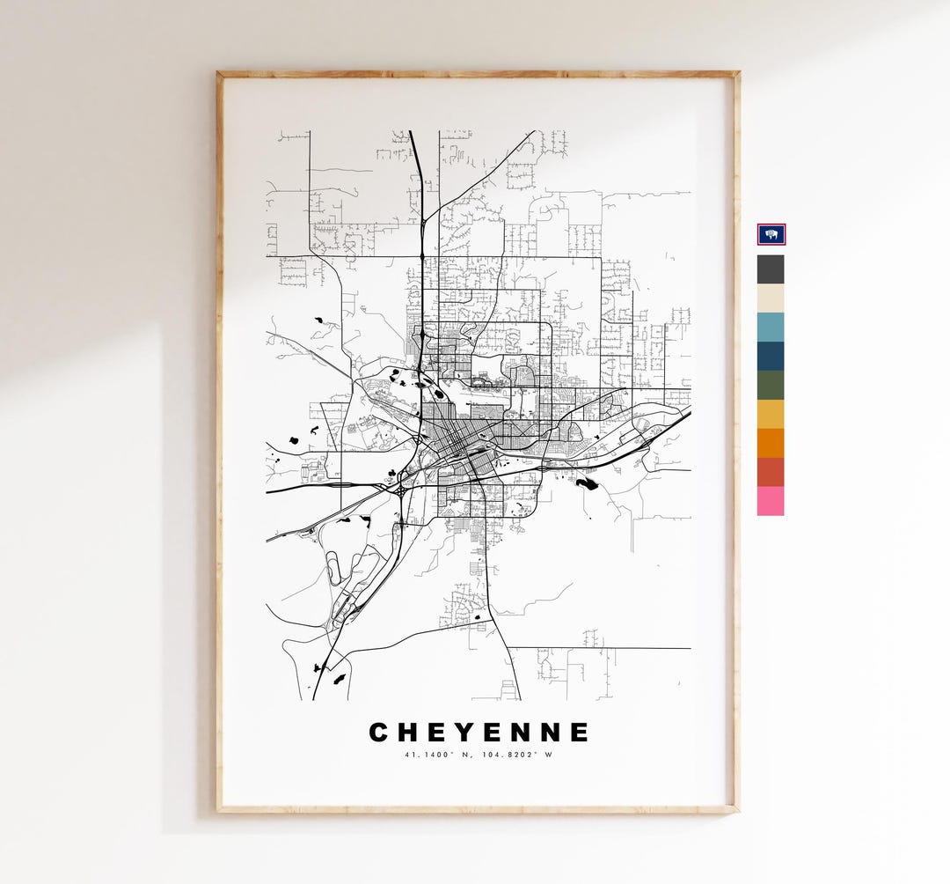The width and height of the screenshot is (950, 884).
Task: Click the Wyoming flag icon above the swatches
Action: point(771,234)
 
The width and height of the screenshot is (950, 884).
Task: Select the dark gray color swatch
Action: point(771,269)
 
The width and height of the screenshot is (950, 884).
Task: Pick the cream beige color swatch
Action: point(771,298)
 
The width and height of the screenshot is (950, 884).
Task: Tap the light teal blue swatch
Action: point(771,328)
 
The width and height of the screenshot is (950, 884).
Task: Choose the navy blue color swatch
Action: point(771,357)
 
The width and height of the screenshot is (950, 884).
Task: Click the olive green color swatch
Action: point(771,386)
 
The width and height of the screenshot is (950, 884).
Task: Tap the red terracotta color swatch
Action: point(771,472)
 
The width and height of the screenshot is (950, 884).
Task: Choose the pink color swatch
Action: point(771,501)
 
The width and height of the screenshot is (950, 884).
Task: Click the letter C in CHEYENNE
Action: point(378,733)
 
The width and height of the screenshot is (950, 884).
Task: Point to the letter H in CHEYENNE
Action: point(408,733)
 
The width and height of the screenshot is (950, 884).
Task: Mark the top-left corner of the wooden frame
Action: point(218,73)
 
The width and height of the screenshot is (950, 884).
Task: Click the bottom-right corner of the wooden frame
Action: point(737,811)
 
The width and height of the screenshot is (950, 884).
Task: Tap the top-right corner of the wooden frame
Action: point(737,73)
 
